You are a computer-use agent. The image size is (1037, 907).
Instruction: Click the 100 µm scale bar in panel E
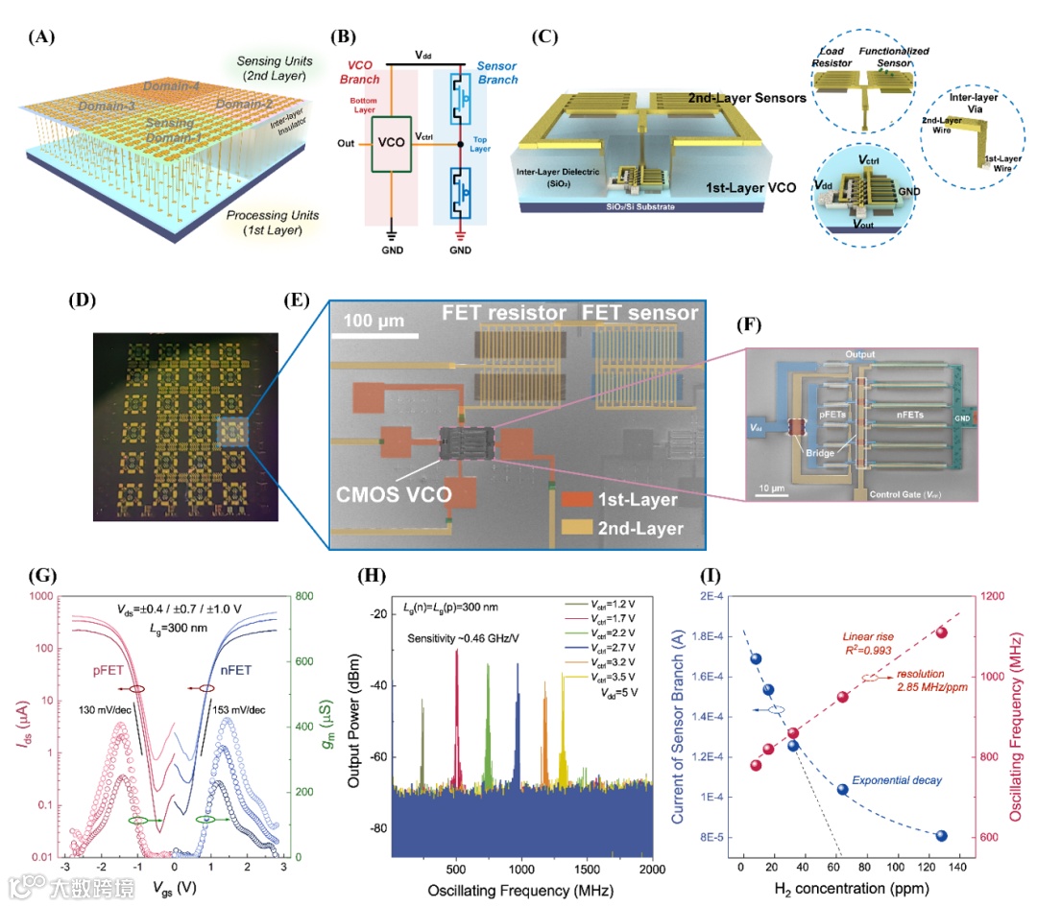[375, 335]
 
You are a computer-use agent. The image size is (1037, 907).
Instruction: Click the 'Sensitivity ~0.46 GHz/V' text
[463, 638]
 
